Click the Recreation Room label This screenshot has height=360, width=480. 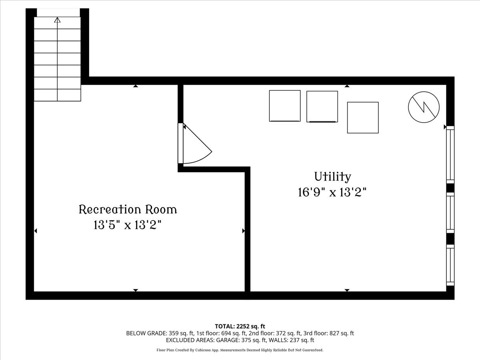coord(128,209)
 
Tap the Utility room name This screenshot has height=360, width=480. coord(332,176)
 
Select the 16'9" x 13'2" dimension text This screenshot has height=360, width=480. coord(332,192)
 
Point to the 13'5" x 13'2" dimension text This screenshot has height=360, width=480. coord(128,225)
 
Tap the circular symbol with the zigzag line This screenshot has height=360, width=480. coord(424,107)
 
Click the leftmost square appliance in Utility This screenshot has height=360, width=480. coord(285,106)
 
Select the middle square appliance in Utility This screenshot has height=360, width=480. coord(322,106)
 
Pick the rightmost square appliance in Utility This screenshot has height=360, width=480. coord(363,118)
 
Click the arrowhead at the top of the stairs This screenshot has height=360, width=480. coord(57,20)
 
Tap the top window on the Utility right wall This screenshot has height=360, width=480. coord(450,154)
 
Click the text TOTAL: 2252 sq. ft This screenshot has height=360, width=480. coord(240,326)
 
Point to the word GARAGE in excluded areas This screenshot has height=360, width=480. coord(227,340)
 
